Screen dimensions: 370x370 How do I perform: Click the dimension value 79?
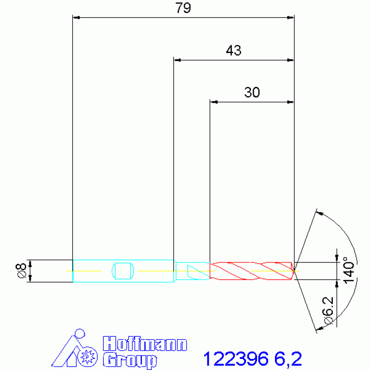coord(183,8)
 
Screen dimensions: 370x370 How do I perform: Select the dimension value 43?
coord(233,50)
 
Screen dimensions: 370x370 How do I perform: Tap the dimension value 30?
coord(252,92)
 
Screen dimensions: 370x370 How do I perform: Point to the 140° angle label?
coord(348,270)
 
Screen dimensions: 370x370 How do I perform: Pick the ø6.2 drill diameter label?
coord(328,310)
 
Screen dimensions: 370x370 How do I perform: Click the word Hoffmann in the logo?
coord(145,344)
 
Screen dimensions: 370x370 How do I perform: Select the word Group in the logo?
coord(130,360)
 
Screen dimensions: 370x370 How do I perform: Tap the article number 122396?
coord(236,359)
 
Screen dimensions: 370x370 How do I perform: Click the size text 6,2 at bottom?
coord(288,359)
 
